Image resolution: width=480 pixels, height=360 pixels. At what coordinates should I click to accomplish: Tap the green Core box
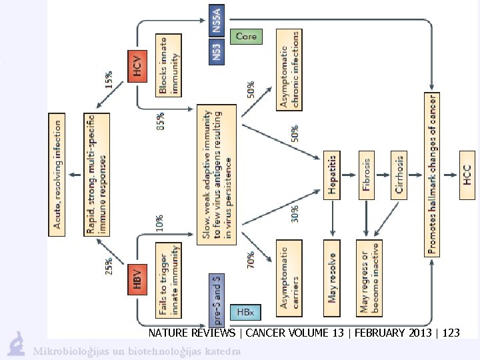tap(245, 37)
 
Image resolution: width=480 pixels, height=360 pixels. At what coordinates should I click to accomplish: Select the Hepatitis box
tap(333, 175)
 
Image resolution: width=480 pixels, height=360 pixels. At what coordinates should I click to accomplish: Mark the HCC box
tap(466, 175)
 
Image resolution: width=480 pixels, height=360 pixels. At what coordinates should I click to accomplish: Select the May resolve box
tap(333, 277)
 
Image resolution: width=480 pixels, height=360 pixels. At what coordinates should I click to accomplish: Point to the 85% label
tap(161, 121)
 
